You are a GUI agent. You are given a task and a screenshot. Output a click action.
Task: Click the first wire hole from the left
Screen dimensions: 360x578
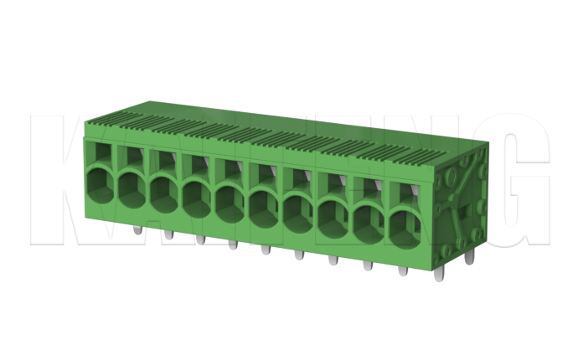[99, 182]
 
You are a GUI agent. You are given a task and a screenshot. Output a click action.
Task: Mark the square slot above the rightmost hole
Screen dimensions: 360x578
[405, 193]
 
